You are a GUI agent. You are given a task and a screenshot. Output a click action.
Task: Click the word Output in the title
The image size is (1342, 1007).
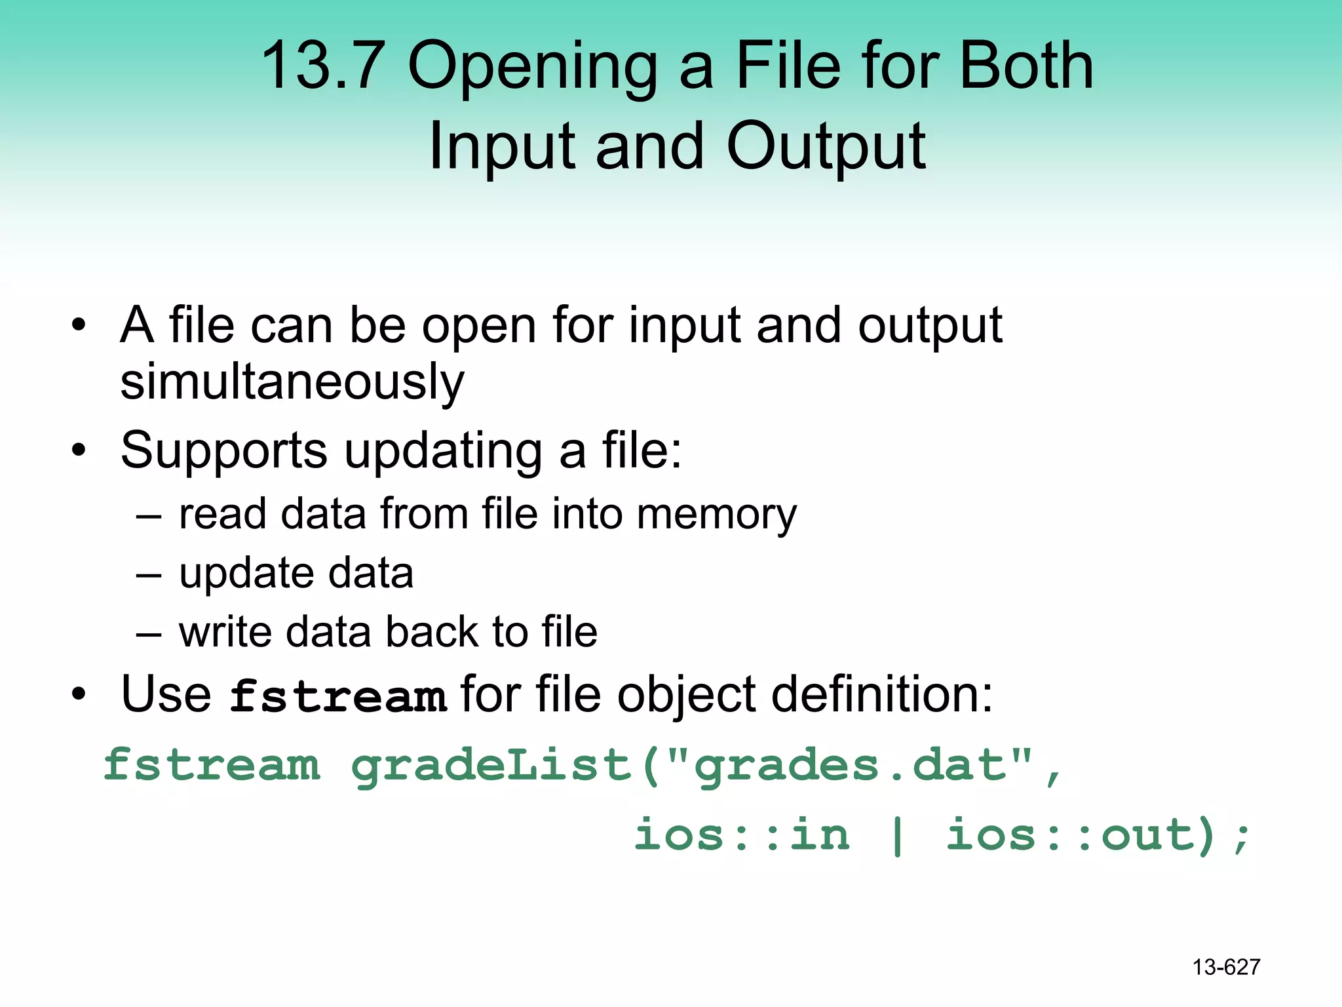tap(826, 148)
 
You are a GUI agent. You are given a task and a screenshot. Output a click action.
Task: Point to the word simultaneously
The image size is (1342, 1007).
tap(292, 382)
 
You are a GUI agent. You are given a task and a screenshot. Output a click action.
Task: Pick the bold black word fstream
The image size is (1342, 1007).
tap(338, 696)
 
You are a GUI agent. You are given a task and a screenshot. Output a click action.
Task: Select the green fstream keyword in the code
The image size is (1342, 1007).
tap(212, 765)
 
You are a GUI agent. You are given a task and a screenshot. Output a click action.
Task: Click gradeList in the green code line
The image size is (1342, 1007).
tap(491, 766)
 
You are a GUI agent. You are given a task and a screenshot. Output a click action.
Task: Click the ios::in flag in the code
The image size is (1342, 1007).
tap(742, 835)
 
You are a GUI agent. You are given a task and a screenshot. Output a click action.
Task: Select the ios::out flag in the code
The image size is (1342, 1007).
tap(1068, 835)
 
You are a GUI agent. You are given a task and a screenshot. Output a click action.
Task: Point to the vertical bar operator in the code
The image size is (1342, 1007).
tap(897, 835)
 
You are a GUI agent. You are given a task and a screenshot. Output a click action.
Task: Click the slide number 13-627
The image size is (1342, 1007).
tap(1226, 967)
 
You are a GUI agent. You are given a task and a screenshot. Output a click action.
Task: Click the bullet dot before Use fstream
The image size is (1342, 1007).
tap(79, 694)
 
